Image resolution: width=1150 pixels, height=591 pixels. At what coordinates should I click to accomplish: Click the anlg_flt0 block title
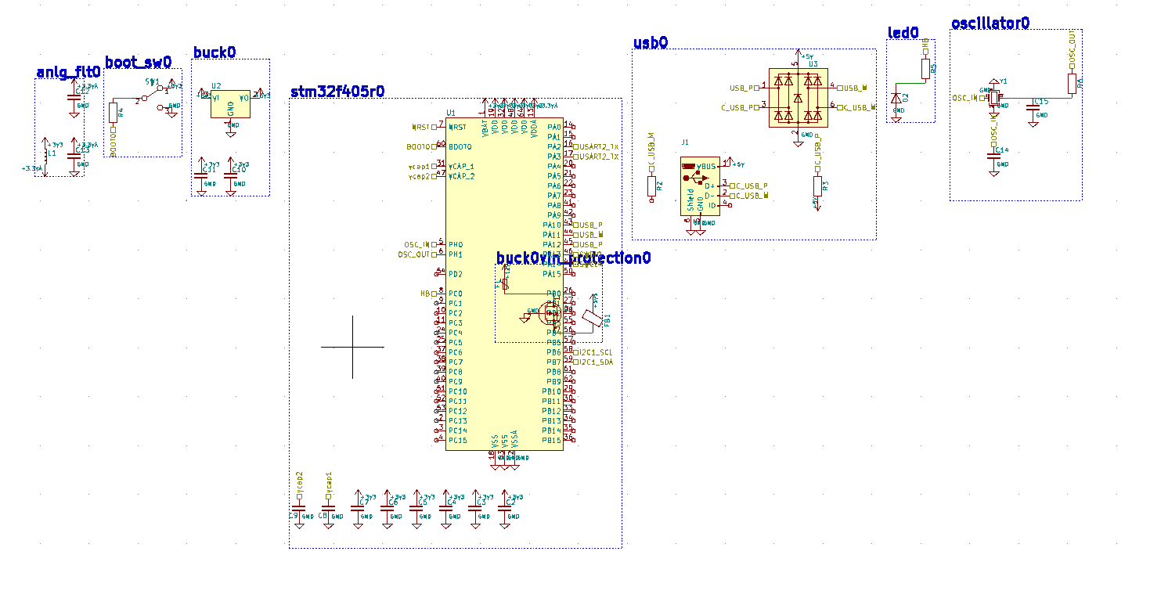click(68, 73)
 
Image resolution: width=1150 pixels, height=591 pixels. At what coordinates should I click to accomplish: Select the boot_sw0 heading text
click(138, 62)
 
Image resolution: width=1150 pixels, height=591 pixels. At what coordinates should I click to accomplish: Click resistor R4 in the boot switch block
click(114, 112)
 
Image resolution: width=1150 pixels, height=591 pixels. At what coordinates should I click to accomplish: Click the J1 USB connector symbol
click(699, 186)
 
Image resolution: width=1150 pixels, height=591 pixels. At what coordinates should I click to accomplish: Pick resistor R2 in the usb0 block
click(651, 186)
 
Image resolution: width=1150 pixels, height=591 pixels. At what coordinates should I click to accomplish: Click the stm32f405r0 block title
click(337, 92)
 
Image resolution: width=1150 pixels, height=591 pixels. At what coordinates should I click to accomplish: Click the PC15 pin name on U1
click(458, 441)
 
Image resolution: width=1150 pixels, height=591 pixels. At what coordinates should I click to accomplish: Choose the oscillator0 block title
click(990, 23)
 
